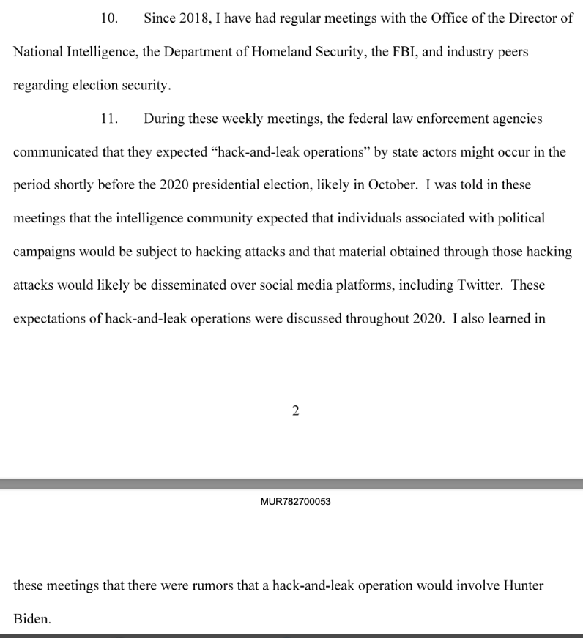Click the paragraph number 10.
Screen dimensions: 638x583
pyautogui.click(x=109, y=19)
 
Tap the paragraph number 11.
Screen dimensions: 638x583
pyautogui.click(x=109, y=119)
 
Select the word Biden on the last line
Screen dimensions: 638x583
pyautogui.click(x=32, y=620)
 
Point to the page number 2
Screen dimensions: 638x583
pyautogui.click(x=295, y=410)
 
